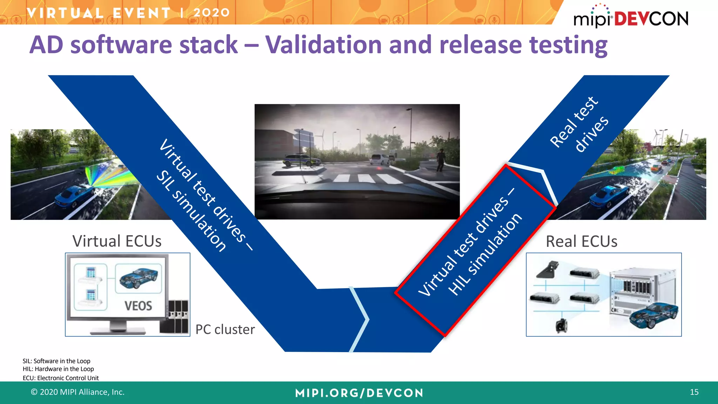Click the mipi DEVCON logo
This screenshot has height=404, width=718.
pos(630,18)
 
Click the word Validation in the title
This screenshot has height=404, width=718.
pos(323,45)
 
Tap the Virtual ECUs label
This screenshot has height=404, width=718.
pos(117,241)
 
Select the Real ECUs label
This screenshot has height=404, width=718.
pos(581,242)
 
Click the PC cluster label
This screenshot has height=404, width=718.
pos(225,330)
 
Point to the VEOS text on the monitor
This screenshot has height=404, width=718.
pos(138,306)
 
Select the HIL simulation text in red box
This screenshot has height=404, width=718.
pos(486,254)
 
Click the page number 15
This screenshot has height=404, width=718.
pos(694,392)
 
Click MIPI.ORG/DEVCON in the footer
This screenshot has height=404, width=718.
pos(359,393)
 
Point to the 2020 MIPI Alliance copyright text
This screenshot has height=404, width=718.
pos(78,392)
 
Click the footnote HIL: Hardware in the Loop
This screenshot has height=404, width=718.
pos(58,369)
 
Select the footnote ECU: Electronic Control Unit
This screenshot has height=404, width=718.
pos(61,378)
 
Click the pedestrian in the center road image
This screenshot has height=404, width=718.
pos(440,160)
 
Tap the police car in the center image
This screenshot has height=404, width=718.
pos(302,160)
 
